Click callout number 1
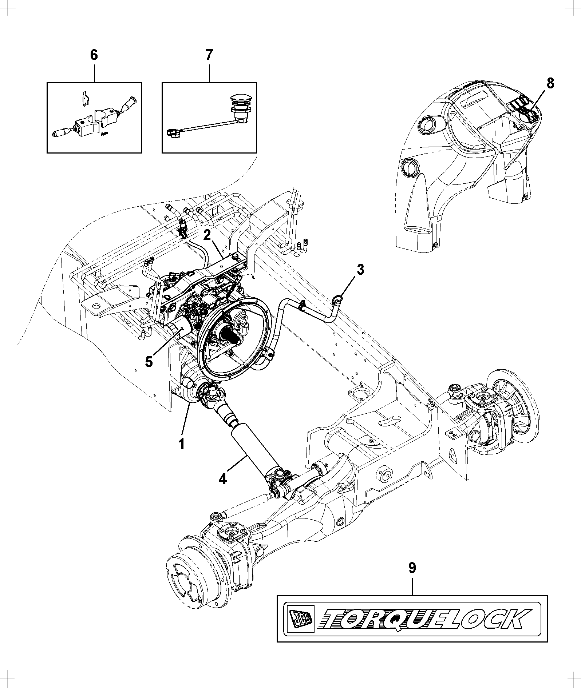pyautogui.click(x=181, y=444)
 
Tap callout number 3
pyautogui.click(x=360, y=270)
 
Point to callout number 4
pyautogui.click(x=223, y=478)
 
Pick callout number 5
pyautogui.click(x=149, y=362)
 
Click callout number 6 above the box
pyautogui.click(x=94, y=55)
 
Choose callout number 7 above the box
pyautogui.click(x=209, y=55)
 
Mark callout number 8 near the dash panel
pyautogui.click(x=550, y=83)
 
